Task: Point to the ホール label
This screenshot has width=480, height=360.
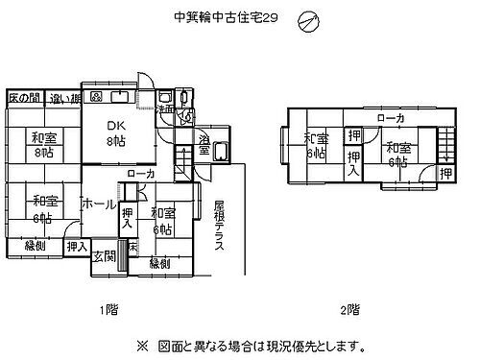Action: coord(99,205)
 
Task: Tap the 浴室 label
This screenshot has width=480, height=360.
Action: coord(204,147)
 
